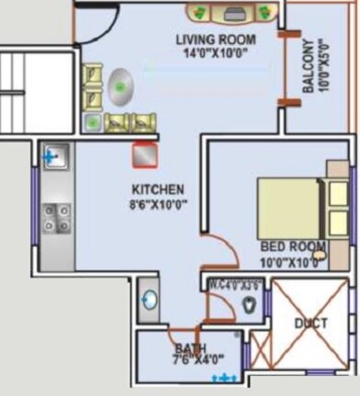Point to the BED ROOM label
point(293,247)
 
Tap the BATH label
point(190,348)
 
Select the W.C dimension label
point(228,284)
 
